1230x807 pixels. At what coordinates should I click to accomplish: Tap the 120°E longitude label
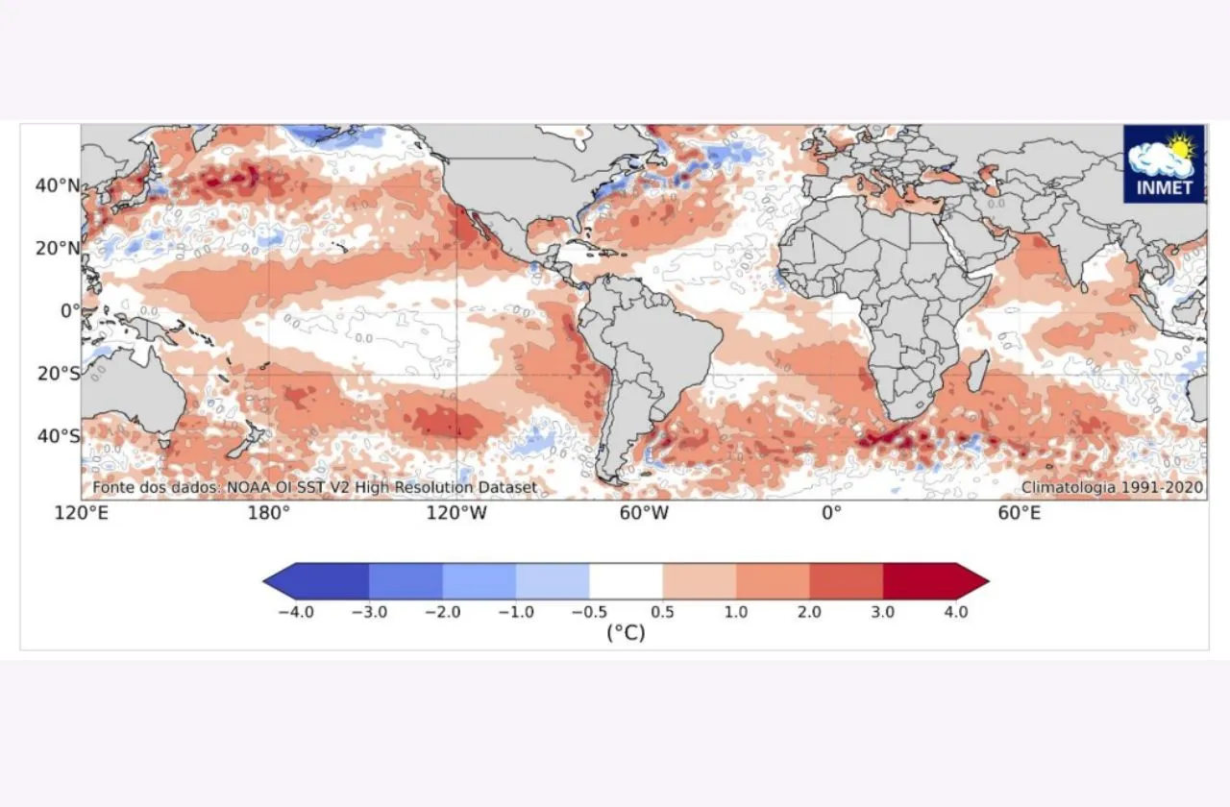coord(81,514)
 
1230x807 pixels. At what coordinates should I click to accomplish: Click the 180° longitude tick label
coord(268,514)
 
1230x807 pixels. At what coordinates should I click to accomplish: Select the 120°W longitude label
coord(455,514)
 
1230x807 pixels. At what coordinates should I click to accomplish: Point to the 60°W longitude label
coord(644,514)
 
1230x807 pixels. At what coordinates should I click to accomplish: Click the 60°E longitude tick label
coord(1019,514)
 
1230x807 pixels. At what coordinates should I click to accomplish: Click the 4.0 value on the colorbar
coord(955,612)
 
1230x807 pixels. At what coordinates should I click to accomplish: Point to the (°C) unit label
coord(626,633)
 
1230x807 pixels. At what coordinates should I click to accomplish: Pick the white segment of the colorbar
coord(626,581)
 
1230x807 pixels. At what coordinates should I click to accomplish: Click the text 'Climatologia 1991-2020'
coord(1112,488)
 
